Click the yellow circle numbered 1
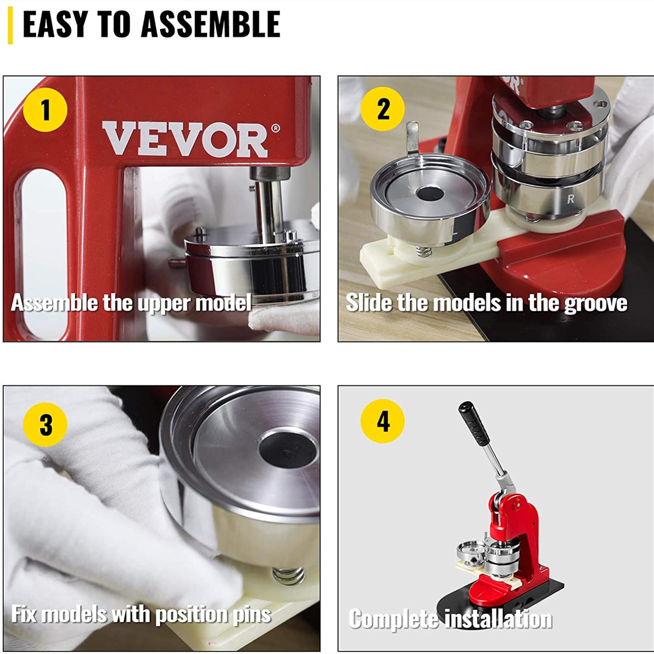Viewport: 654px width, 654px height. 45,110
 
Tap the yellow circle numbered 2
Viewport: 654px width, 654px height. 383,109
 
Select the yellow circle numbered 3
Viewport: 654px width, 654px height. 46,425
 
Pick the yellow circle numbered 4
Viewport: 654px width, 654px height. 383,421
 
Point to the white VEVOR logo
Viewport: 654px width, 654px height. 185,140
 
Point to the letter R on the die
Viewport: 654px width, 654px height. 571,199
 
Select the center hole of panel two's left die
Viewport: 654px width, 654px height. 429,193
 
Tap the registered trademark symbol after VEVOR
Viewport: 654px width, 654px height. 275,129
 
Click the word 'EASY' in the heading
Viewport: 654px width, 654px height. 55,25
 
